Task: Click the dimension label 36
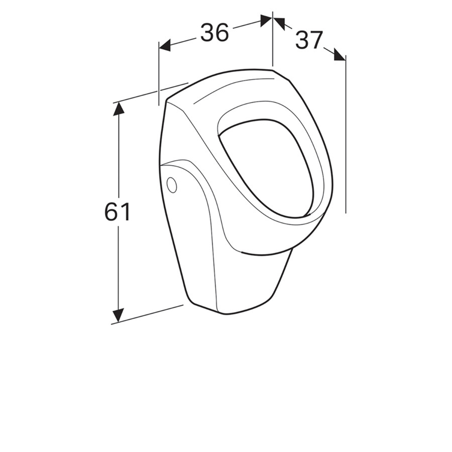(214, 32)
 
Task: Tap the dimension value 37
(308, 40)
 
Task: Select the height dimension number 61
(117, 212)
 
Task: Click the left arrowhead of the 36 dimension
(165, 46)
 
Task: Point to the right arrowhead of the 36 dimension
(266, 21)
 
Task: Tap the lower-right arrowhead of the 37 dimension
(340, 54)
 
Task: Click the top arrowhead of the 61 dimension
(119, 108)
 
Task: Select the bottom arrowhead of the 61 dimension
(118, 315)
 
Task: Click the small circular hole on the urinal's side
(172, 185)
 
